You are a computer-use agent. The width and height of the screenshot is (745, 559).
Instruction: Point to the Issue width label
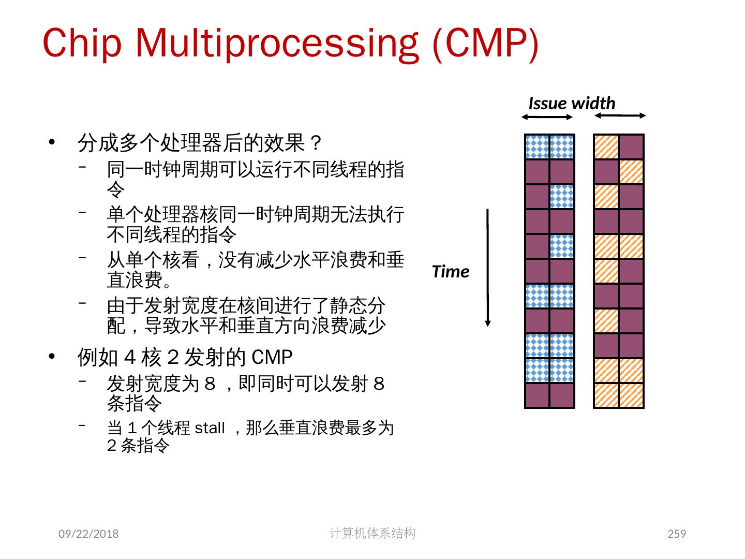coord(572,104)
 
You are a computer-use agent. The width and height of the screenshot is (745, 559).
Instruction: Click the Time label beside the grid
coord(450,272)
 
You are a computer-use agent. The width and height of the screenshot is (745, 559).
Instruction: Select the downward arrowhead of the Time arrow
coord(487,323)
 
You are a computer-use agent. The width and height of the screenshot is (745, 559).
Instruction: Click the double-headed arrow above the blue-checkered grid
coord(547,117)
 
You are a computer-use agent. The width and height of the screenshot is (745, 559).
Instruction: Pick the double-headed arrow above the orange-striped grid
coord(620,115)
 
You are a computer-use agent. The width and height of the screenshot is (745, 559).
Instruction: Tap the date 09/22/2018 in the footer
coord(88,534)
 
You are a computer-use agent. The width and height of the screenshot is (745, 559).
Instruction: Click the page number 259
coord(677,534)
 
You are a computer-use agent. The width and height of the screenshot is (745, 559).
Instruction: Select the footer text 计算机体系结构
coord(372,533)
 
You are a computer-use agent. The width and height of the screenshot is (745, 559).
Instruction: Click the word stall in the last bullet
coord(210,428)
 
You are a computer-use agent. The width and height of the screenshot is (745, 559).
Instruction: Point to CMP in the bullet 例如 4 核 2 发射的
coord(272,357)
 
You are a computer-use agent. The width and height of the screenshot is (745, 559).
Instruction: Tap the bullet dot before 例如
coord(51,357)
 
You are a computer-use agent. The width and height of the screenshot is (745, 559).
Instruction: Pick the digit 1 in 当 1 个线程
coord(132,428)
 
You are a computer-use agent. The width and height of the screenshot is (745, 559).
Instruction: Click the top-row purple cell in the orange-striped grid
coord(631,146)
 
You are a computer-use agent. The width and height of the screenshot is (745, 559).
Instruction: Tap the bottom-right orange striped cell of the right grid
coord(631,395)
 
